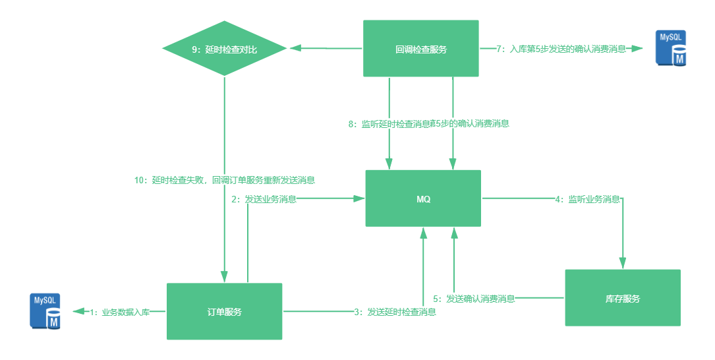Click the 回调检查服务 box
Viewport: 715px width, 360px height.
click(421, 49)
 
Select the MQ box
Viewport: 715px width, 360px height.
click(423, 198)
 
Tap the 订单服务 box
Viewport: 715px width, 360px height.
click(224, 312)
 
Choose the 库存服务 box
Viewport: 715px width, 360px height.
click(622, 298)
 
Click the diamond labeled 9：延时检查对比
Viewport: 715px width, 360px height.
click(224, 48)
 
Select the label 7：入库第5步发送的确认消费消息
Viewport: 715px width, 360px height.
click(561, 48)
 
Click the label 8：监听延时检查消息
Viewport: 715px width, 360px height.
click(389, 123)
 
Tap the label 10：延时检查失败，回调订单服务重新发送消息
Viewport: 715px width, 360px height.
click(224, 179)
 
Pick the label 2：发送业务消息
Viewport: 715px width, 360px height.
click(263, 198)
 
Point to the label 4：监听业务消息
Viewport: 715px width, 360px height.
click(587, 198)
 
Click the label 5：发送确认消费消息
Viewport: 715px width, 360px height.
click(474, 298)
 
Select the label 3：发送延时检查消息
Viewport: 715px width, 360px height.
click(395, 312)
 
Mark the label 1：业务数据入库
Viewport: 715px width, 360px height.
click(119, 312)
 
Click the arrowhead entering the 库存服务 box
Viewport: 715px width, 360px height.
click(622, 262)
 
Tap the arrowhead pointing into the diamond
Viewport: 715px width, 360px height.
click(297, 48)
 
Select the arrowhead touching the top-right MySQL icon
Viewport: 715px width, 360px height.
click(636, 48)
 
